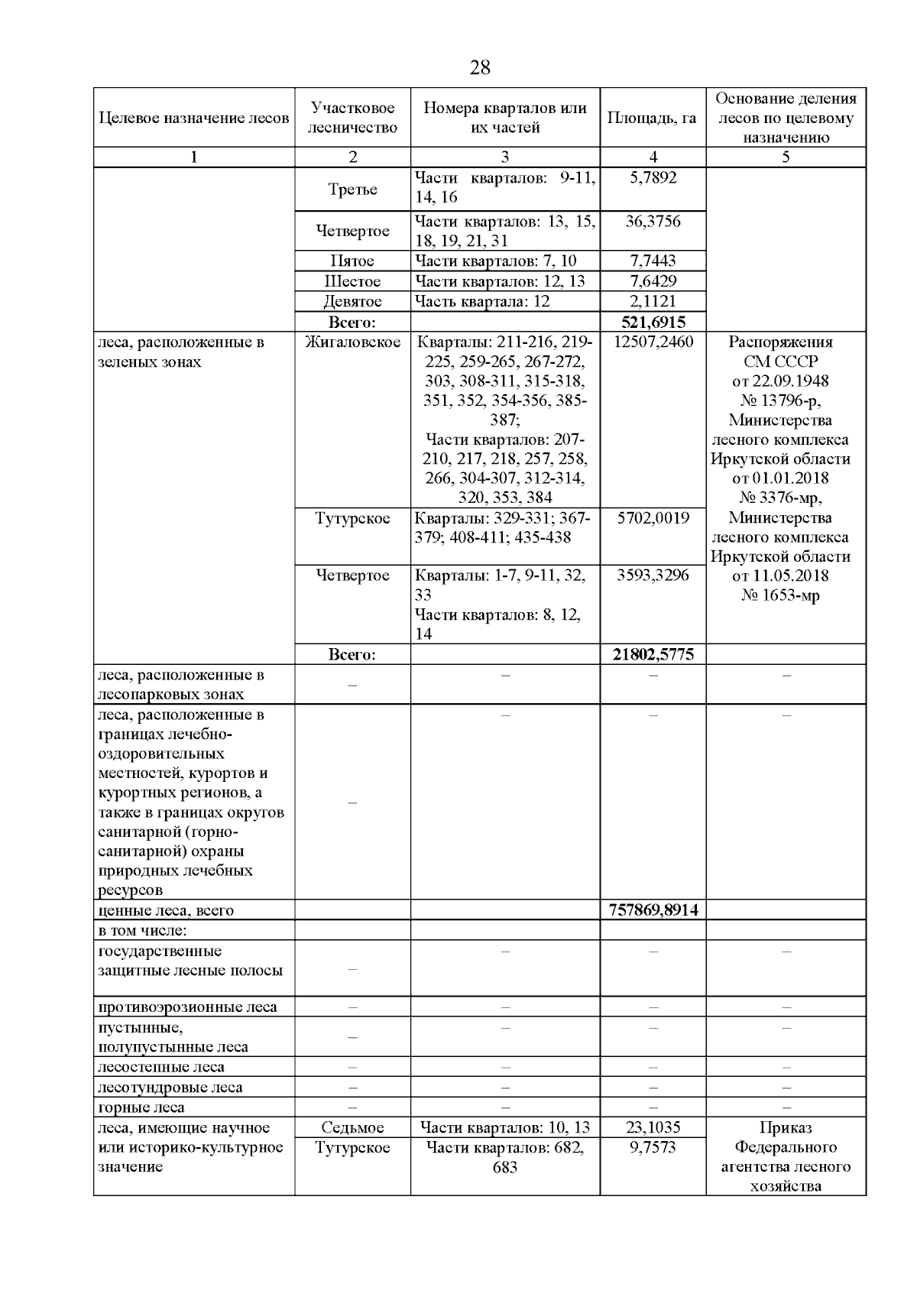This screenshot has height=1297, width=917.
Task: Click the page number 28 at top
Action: click(x=479, y=67)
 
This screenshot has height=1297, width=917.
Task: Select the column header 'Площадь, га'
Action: click(x=652, y=118)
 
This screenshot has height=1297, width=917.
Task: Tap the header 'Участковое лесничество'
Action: click(x=352, y=118)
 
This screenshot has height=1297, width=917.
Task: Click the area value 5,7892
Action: click(x=652, y=177)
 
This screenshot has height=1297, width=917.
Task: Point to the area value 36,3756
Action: click(x=653, y=221)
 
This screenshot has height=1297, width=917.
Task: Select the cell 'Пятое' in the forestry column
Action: click(x=352, y=261)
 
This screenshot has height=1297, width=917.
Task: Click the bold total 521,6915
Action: click(x=653, y=322)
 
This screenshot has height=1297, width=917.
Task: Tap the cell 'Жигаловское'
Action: click(x=352, y=342)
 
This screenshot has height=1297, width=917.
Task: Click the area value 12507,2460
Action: click(x=653, y=342)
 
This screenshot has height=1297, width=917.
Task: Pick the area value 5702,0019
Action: click(x=653, y=517)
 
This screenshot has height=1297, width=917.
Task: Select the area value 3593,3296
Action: click(x=653, y=575)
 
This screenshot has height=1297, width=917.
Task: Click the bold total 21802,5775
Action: click(x=653, y=654)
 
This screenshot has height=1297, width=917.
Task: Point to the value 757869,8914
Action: click(x=653, y=910)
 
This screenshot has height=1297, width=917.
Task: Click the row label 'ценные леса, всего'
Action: click(x=166, y=910)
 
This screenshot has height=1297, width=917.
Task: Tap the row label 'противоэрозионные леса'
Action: click(x=187, y=1007)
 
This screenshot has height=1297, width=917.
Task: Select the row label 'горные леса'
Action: click(x=141, y=1107)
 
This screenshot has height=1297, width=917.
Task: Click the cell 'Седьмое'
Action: click(x=352, y=1127)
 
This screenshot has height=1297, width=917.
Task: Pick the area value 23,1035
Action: click(x=653, y=1127)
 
